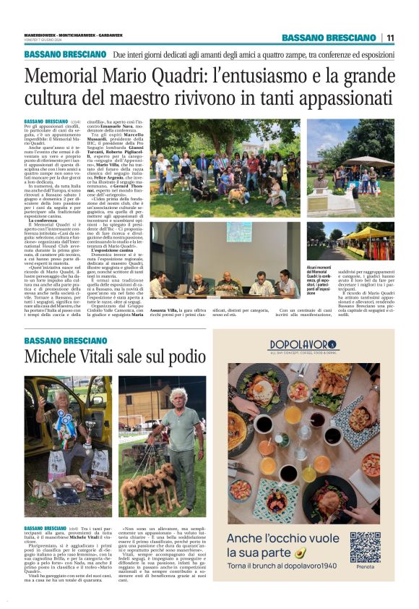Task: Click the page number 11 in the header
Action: (x=390, y=38)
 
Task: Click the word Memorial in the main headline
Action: (x=70, y=75)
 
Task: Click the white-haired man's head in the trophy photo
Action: (x=176, y=397)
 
